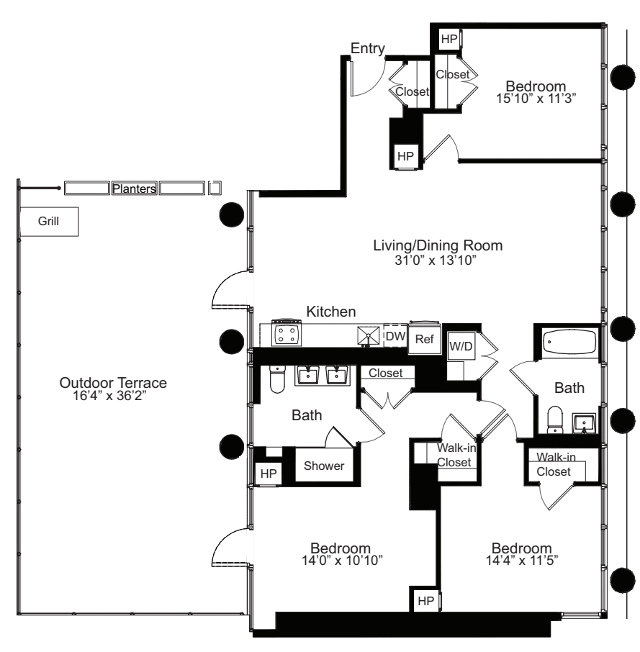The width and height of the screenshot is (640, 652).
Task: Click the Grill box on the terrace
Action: pos(50,222)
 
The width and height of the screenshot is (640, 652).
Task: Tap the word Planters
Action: pos(134,189)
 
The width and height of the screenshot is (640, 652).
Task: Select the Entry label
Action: pos(367,48)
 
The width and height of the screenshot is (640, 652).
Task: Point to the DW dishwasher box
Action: pos(395,335)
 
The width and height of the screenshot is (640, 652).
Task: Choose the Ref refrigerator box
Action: pos(424,340)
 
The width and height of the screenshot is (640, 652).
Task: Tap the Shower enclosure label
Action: pos(324,466)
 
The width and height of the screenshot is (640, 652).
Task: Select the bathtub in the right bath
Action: pos(565,341)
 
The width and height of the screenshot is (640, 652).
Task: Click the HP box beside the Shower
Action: pos(269,474)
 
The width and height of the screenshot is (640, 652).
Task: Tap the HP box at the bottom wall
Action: pos(425,601)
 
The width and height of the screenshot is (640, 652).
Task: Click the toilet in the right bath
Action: pos(555,422)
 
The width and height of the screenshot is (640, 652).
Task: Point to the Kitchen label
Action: pos(331,312)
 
